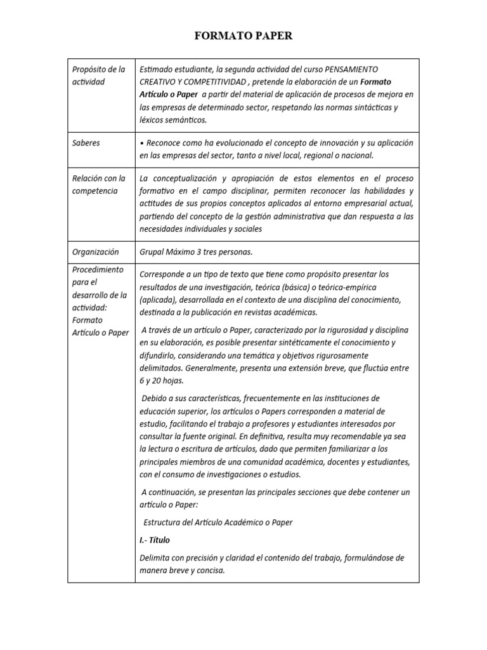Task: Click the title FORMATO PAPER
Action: coord(243,36)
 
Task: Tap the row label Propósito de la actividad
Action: coord(98,76)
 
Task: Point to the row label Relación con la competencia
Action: coord(98,185)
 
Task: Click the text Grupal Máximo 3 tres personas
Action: coord(196,252)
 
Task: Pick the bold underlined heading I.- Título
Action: coord(155,540)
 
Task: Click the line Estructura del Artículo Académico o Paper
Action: coord(218,522)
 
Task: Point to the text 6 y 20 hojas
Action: coord(162,380)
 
